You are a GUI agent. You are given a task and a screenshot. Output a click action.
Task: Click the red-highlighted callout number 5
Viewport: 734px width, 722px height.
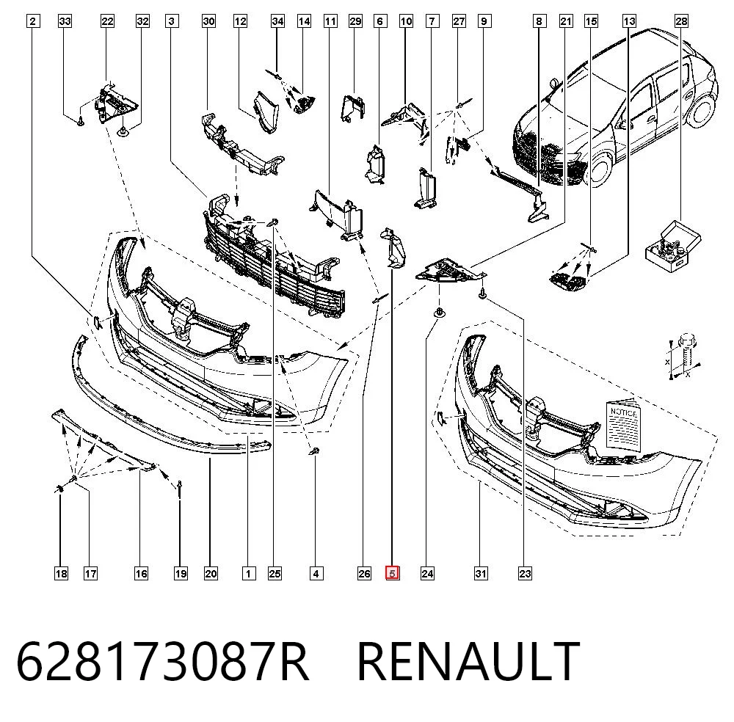coord(392,573)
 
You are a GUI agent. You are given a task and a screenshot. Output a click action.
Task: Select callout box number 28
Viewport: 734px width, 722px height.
coord(681,21)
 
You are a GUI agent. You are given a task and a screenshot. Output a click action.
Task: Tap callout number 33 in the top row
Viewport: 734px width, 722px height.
coord(65,21)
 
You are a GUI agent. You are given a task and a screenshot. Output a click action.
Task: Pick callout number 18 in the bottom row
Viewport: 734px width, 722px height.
coord(61,573)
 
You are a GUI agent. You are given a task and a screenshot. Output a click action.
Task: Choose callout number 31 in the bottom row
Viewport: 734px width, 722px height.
coord(481,573)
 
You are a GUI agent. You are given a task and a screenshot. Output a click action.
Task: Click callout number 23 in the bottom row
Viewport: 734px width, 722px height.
coord(525,573)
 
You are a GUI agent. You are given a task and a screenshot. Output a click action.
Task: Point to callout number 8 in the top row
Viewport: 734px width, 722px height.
coord(539,21)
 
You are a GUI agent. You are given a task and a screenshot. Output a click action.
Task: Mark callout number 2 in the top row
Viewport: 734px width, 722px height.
coord(32,21)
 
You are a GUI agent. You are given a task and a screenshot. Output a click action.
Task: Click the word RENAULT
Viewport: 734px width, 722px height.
coord(468,661)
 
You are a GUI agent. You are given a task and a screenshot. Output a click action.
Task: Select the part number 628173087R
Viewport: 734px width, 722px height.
coord(162,661)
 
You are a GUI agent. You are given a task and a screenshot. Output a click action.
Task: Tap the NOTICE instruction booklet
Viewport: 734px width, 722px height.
coord(623,425)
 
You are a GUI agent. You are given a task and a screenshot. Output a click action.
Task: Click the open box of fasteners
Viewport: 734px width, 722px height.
coord(672,248)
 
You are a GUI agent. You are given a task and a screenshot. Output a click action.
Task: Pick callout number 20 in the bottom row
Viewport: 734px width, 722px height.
coord(211,573)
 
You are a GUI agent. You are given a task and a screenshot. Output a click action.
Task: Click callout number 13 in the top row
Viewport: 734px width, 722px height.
coord(629,21)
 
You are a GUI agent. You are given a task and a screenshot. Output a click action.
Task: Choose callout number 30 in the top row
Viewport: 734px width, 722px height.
coord(208,21)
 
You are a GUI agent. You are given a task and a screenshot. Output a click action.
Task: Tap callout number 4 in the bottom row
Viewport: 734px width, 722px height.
coord(316,573)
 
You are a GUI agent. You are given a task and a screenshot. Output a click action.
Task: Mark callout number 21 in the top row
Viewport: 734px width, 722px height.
coord(566,21)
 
